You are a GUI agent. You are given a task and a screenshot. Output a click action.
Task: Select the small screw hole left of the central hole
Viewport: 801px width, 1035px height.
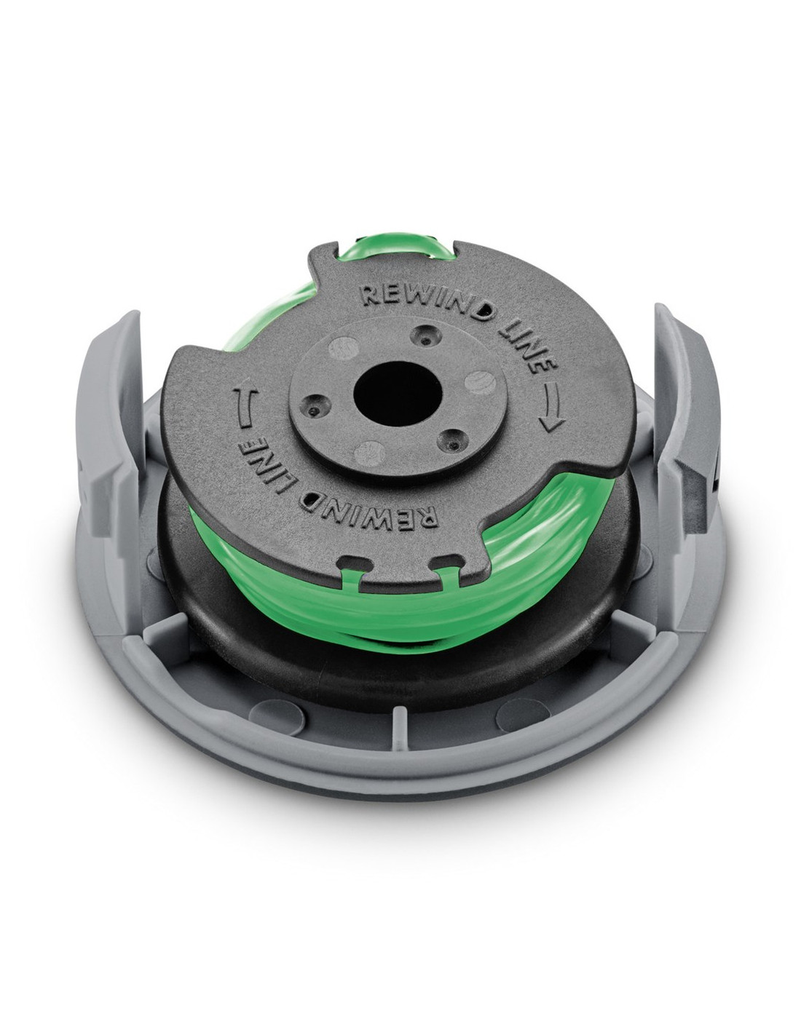click(315, 408)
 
